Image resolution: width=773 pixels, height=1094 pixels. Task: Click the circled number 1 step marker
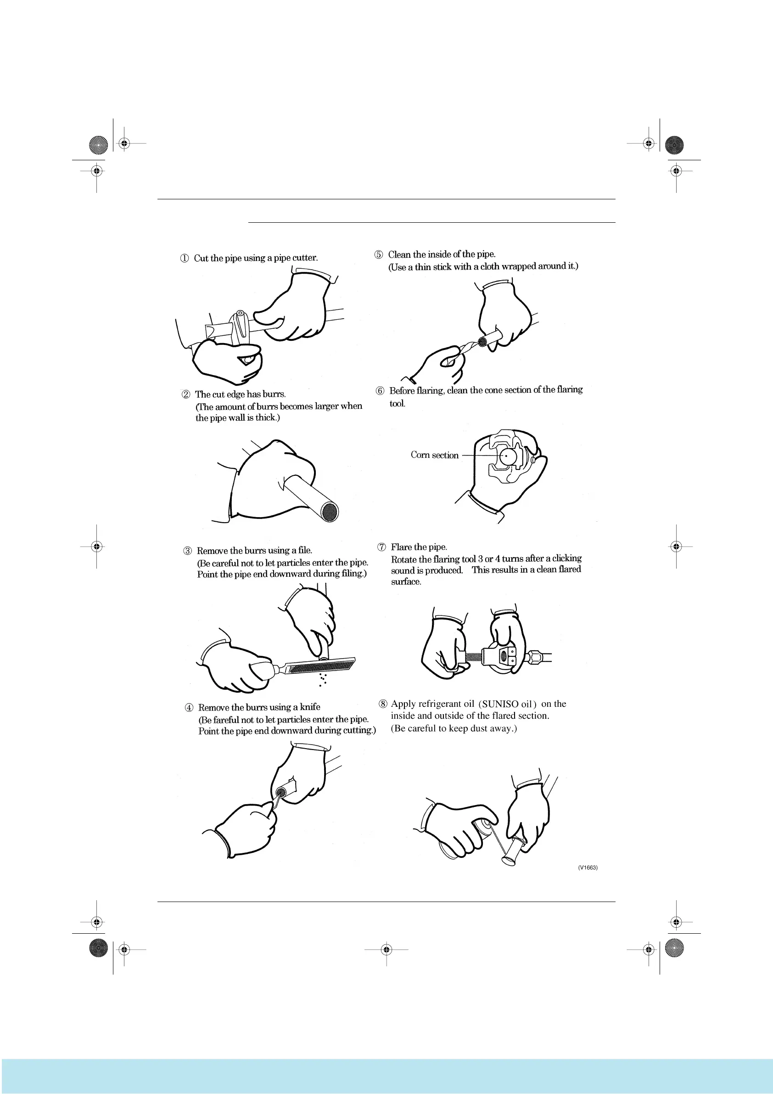(185, 259)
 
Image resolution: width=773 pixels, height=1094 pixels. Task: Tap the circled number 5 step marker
(379, 255)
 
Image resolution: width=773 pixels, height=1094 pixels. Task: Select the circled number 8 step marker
(383, 704)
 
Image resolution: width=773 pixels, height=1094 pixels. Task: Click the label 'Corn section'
(434, 456)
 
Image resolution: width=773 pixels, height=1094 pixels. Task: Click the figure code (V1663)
(588, 868)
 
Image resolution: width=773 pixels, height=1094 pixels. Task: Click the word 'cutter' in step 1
(305, 258)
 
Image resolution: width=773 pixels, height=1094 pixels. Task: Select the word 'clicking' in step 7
(567, 558)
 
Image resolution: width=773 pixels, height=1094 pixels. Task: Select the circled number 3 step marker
(188, 551)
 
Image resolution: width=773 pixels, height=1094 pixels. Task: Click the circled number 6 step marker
(380, 391)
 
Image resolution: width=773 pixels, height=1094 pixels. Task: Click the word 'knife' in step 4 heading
(309, 707)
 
